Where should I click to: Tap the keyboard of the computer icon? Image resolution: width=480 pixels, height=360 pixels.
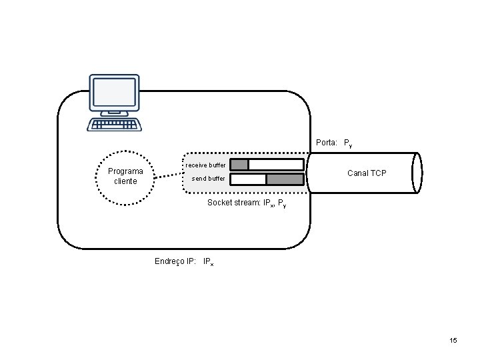click(x=113, y=125)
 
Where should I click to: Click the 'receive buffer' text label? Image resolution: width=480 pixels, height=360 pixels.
click(x=205, y=165)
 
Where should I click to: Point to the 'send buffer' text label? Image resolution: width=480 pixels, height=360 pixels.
click(x=208, y=179)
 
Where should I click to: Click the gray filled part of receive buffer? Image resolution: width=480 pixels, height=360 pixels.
click(x=239, y=165)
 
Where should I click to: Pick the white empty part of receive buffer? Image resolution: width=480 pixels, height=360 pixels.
click(x=276, y=165)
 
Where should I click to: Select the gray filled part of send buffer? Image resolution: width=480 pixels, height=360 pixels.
click(x=285, y=179)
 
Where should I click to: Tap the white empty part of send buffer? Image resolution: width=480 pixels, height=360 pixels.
click(x=248, y=179)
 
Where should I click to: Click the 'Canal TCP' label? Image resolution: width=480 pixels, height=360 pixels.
click(x=367, y=173)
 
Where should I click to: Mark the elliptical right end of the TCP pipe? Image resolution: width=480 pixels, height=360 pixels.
click(x=417, y=173)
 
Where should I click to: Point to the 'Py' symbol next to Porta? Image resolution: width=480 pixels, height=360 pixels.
click(x=347, y=143)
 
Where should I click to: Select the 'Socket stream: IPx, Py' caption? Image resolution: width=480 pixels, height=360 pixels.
click(x=247, y=203)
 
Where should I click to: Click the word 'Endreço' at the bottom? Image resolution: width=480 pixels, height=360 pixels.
click(x=169, y=261)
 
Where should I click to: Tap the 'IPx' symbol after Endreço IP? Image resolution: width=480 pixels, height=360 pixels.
click(x=208, y=262)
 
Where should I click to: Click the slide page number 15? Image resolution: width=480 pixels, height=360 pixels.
click(x=453, y=341)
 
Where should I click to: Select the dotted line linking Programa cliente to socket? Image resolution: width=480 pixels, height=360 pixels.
click(x=169, y=177)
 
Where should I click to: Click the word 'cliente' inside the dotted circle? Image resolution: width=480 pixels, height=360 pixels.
click(x=125, y=181)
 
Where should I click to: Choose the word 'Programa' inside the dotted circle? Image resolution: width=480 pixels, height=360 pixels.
click(x=125, y=171)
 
